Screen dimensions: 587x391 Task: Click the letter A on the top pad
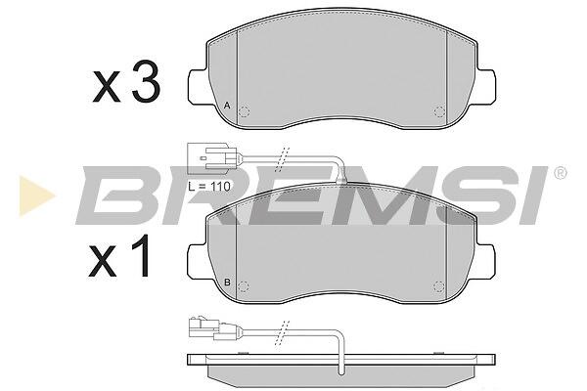coord(227,106)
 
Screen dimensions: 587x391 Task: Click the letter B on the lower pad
coord(227,282)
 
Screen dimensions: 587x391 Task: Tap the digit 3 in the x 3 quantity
coord(146,82)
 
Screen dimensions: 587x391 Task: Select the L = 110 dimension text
coord(209,186)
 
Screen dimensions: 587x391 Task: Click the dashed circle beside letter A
coord(244,111)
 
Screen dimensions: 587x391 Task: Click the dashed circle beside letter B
coord(244,287)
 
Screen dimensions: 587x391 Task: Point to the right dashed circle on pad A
coord(439,111)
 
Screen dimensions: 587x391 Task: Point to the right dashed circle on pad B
coord(439,287)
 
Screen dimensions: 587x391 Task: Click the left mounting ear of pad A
coord(198,86)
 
